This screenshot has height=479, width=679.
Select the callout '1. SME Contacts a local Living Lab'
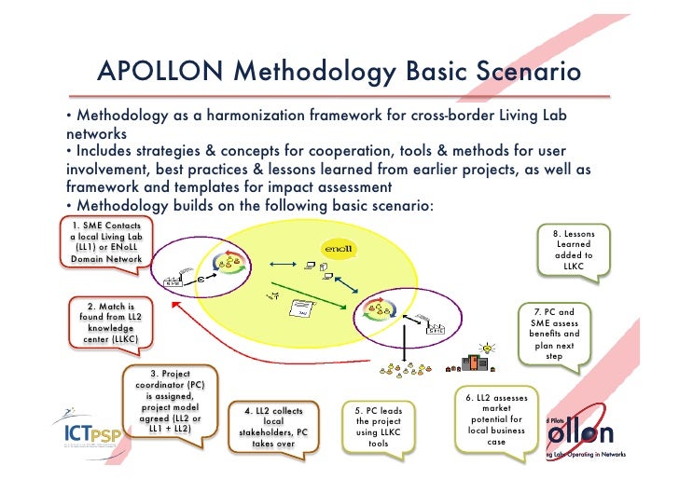click(103, 243)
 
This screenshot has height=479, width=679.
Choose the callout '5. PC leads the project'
click(378, 427)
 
